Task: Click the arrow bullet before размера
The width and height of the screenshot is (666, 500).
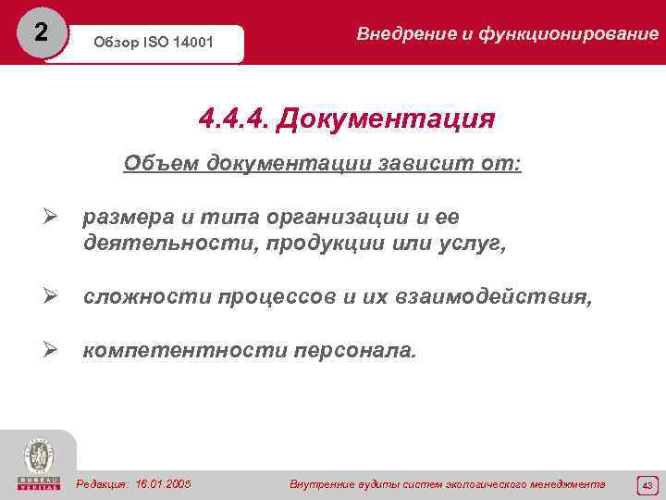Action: (x=53, y=219)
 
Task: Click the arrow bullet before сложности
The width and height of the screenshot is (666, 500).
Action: (x=53, y=297)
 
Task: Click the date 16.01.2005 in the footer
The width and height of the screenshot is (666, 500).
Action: (x=162, y=483)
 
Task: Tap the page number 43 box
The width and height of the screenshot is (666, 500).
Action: (x=647, y=484)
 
